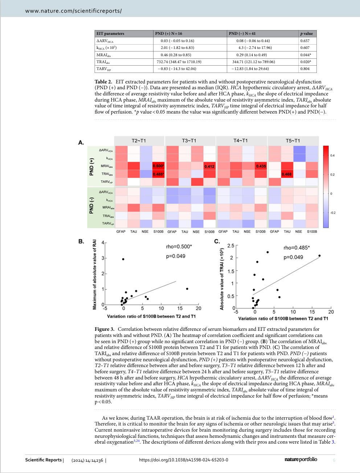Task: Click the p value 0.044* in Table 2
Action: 306,55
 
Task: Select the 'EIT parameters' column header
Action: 110,33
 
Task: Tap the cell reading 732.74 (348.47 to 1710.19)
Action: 179,62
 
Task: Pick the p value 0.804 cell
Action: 305,69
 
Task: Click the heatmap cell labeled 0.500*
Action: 159,166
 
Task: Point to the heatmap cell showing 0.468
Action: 286,174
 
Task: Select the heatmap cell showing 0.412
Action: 209,166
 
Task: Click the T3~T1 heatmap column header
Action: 189,141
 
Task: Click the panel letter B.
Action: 81,241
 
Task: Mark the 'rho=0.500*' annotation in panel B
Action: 179,247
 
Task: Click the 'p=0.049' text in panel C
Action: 293,257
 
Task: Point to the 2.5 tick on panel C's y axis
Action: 231,246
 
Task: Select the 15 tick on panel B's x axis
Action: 180,308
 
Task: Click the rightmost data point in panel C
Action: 319,256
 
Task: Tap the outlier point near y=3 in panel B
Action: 123,259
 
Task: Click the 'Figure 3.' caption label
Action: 105,329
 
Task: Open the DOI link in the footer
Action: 184,460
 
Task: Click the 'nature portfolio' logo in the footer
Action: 301,460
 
